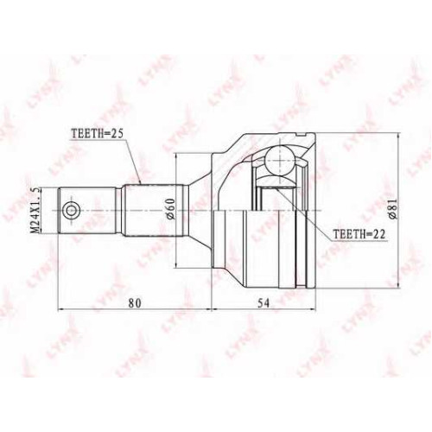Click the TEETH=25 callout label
point(97,133)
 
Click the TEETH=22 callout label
point(359,235)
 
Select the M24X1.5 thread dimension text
point(35,210)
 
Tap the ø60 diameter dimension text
point(170,209)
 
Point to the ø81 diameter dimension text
point(393,209)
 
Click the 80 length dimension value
point(135,303)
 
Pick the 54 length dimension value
point(264,303)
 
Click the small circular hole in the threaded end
point(71,211)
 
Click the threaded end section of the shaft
point(87,211)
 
